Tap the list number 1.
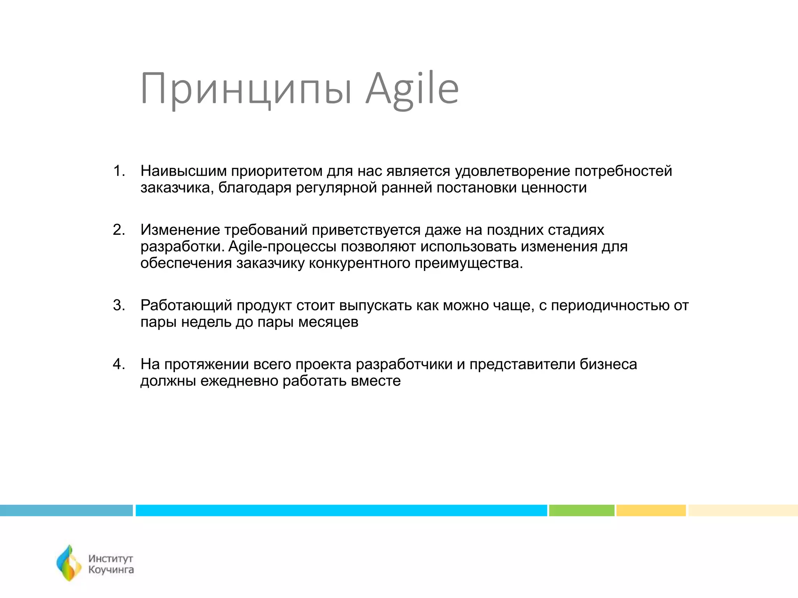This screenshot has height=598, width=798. [118, 171]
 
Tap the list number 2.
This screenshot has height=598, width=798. [118, 230]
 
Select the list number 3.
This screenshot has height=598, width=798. [118, 306]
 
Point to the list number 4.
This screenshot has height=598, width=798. [118, 364]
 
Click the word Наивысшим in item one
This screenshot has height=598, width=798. [183, 171]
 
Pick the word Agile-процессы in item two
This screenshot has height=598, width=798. [282, 247]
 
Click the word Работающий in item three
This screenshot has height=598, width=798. [186, 306]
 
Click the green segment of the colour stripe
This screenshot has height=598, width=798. [581, 510]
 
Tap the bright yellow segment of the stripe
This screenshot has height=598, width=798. [651, 510]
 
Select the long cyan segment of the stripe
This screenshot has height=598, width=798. [341, 510]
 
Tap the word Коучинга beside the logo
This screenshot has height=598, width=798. [111, 570]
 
